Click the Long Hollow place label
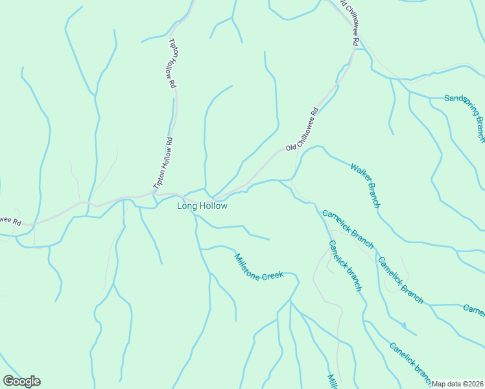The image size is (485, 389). (x=202, y=206)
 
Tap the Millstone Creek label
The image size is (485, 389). (x=259, y=266)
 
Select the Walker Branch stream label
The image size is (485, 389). (x=364, y=185)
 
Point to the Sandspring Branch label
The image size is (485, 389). (x=465, y=117)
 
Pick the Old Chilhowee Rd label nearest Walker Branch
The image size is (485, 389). (x=303, y=128)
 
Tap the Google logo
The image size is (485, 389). (x=21, y=381)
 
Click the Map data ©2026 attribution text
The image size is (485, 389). (x=458, y=384)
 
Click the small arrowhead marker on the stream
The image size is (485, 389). (x=403, y=324)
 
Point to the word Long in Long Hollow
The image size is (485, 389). (x=186, y=206)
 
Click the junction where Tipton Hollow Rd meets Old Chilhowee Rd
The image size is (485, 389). (x=156, y=194)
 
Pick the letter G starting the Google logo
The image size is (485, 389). (x=8, y=381)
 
